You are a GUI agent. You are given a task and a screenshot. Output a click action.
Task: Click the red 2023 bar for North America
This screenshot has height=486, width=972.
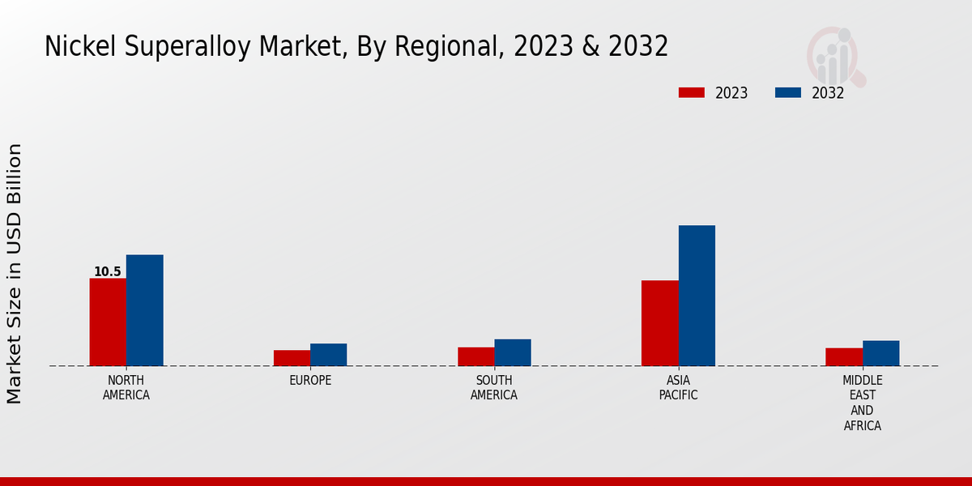pyautogui.click(x=108, y=322)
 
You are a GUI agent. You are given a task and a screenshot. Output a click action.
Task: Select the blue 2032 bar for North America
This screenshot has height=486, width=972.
pyautogui.click(x=144, y=310)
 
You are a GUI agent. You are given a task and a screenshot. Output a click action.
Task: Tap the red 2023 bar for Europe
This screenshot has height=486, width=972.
pyautogui.click(x=292, y=358)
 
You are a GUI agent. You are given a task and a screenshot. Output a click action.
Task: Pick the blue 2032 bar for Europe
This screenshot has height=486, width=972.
pyautogui.click(x=328, y=355)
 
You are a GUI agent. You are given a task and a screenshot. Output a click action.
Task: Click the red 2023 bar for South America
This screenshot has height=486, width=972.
pyautogui.click(x=475, y=356)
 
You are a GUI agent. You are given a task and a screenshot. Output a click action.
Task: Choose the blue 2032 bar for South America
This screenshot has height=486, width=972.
pyautogui.click(x=513, y=352)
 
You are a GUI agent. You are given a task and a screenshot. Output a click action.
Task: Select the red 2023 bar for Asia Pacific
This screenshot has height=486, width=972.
pyautogui.click(x=659, y=323)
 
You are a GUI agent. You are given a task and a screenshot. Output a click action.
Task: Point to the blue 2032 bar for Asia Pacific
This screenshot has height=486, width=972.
pyautogui.click(x=697, y=296)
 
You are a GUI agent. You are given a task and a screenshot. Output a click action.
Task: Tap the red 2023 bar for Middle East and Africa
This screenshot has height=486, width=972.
pyautogui.click(x=844, y=357)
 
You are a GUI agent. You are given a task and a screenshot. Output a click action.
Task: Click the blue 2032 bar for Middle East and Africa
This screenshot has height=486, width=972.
pyautogui.click(x=880, y=353)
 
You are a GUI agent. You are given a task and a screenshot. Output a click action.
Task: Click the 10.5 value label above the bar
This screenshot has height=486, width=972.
pyautogui.click(x=108, y=272)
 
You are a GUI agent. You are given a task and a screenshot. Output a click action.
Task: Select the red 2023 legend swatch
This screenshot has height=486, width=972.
pyautogui.click(x=692, y=92)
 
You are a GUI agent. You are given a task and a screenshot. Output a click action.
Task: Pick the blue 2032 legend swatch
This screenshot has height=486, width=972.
pyautogui.click(x=788, y=92)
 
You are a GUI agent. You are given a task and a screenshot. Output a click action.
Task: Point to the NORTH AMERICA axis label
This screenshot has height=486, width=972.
pyautogui.click(x=126, y=388)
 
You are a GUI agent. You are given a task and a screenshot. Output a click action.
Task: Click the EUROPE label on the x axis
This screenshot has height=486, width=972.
pyautogui.click(x=310, y=381)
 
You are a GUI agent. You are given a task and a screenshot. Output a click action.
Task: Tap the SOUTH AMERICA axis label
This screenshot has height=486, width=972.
pyautogui.click(x=494, y=388)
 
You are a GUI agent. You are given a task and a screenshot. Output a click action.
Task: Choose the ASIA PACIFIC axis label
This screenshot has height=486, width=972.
pyautogui.click(x=678, y=388)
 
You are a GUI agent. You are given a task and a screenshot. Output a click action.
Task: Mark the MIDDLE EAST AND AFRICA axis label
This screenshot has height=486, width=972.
pyautogui.click(x=863, y=403)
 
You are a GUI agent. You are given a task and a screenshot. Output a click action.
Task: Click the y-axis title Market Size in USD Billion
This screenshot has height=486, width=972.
pyautogui.click(x=15, y=274)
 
